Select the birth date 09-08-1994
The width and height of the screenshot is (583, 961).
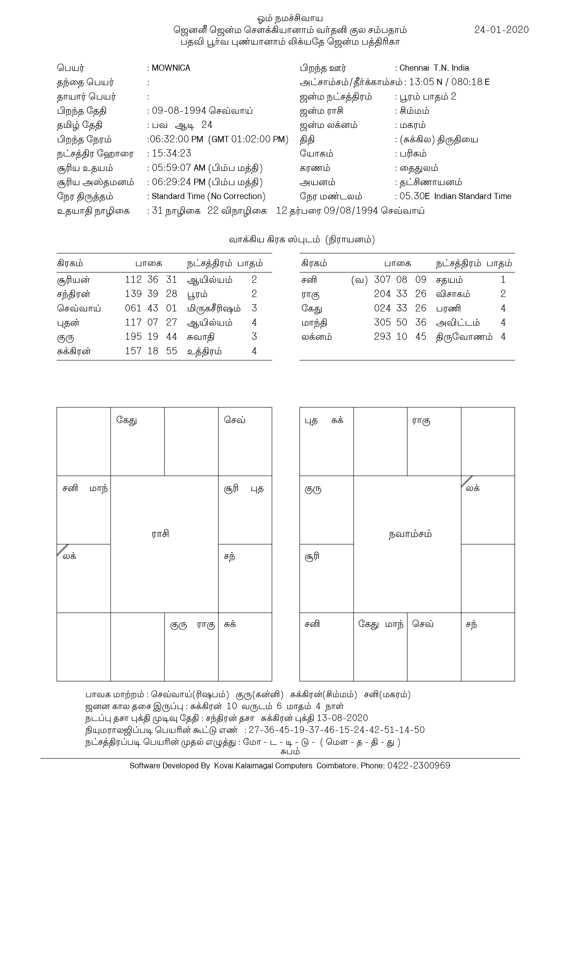tap(179, 111)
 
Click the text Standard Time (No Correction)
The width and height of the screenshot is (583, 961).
tap(208, 196)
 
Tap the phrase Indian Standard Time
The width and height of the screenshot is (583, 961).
tap(472, 196)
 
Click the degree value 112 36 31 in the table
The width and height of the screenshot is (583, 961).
tap(151, 280)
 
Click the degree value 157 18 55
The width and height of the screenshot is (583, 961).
tap(151, 351)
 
